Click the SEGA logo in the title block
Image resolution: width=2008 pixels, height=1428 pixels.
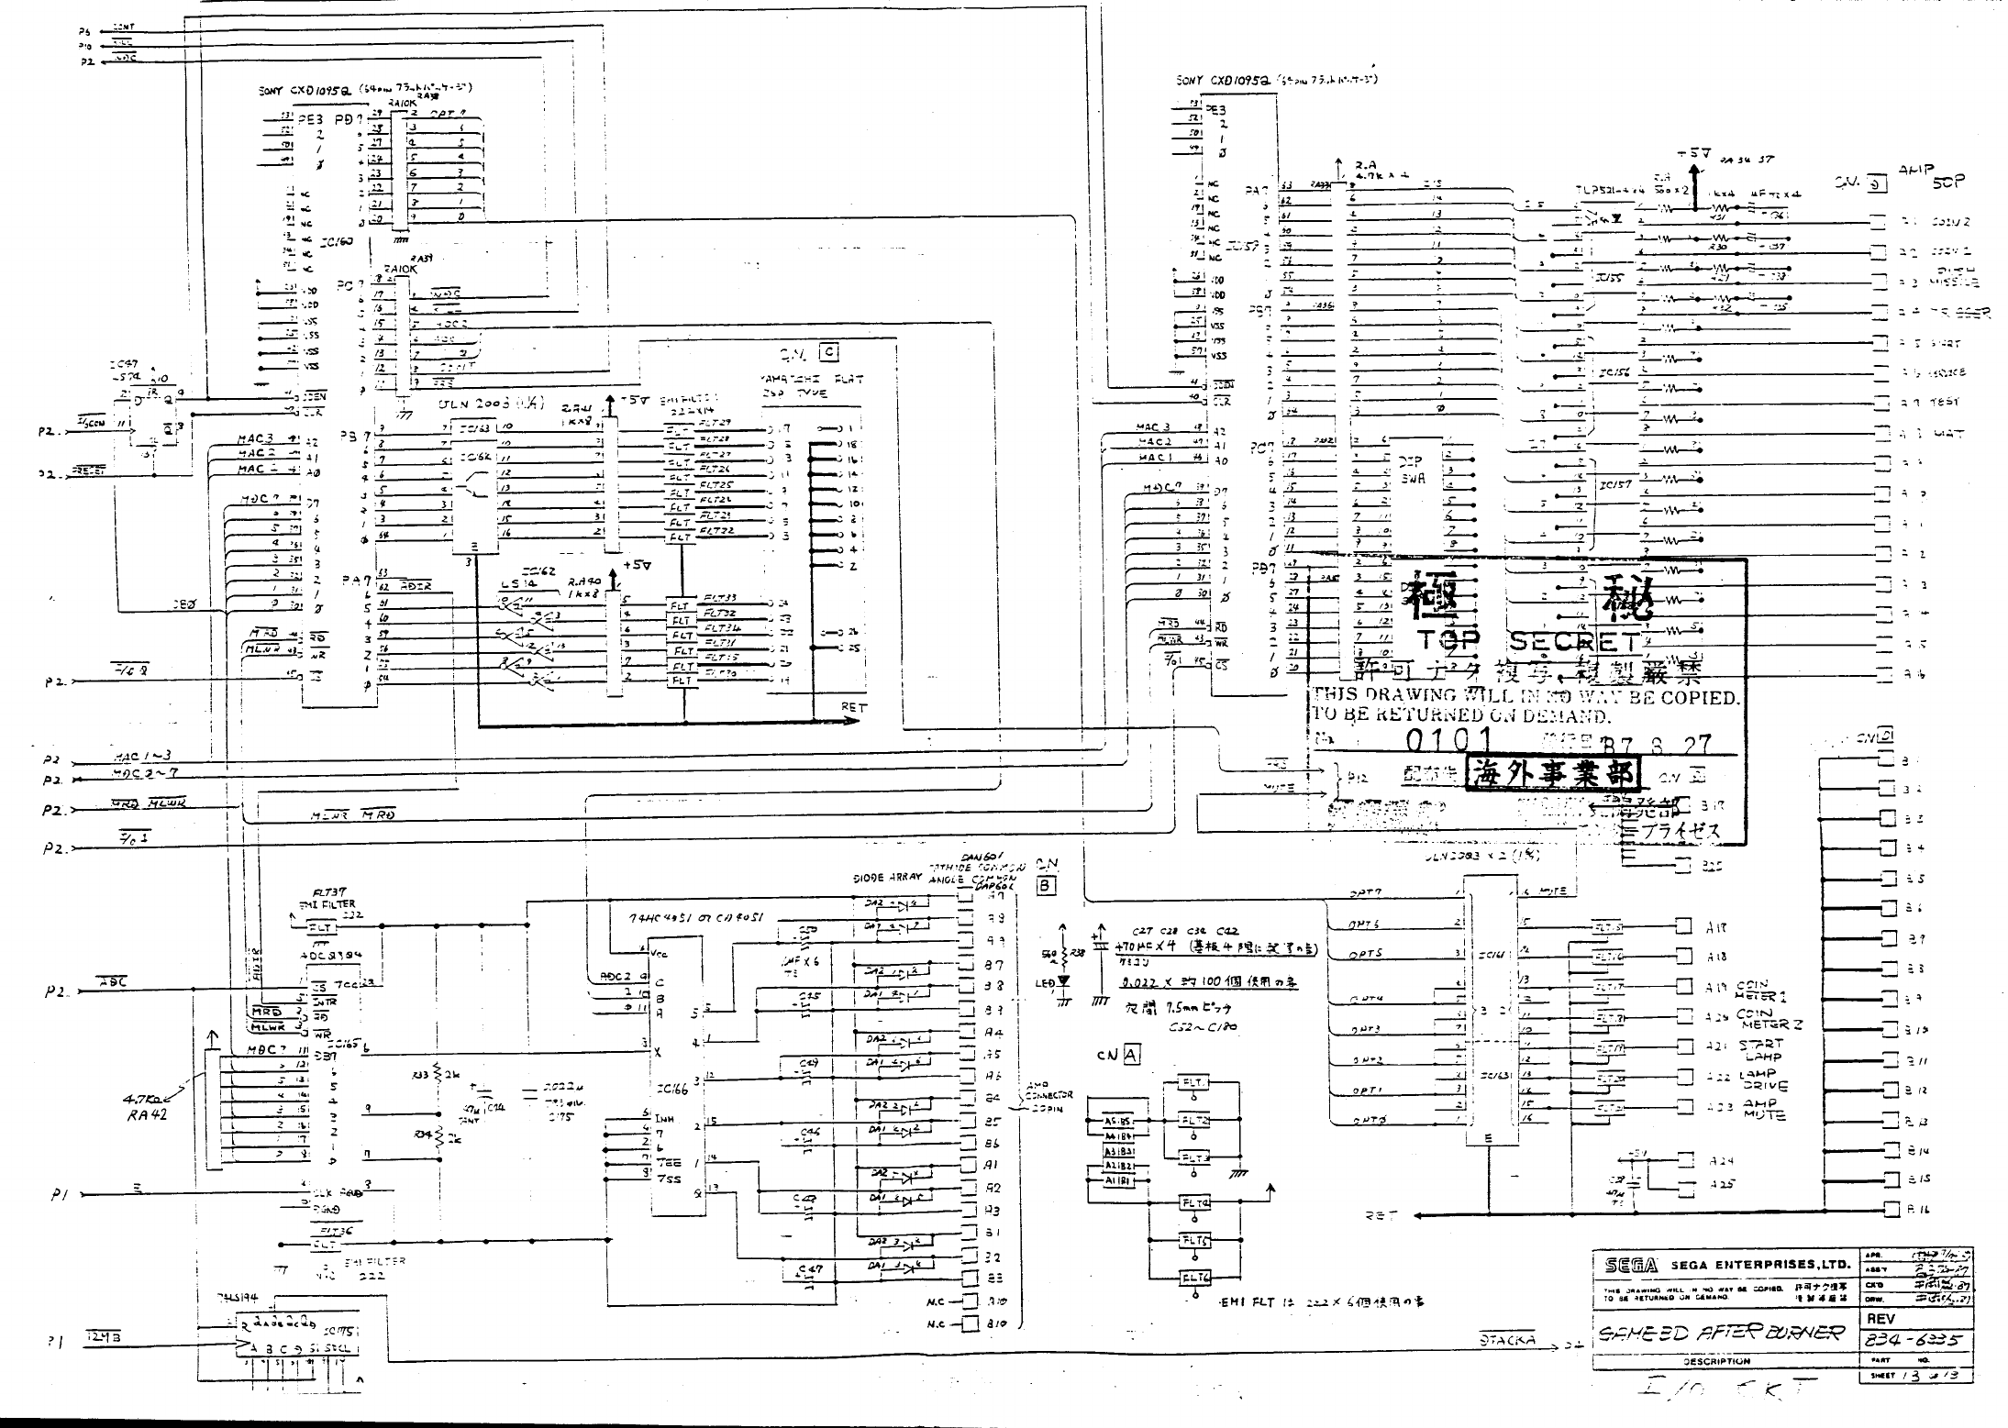(x=1631, y=1265)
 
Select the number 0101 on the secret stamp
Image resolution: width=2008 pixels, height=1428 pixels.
(x=1447, y=740)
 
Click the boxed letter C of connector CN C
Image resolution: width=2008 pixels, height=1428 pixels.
(x=828, y=352)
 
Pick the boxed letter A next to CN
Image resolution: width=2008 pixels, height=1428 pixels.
(x=1131, y=1055)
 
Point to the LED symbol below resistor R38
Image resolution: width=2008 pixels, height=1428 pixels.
(x=1063, y=980)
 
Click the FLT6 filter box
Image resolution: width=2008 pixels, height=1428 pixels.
(x=1194, y=1278)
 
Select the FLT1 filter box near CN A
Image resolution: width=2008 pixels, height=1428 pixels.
(x=1194, y=1083)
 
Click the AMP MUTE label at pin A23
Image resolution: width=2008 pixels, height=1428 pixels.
(x=1760, y=1109)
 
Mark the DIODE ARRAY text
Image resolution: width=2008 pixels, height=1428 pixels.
(x=886, y=878)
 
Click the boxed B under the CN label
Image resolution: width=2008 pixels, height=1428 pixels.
(x=1047, y=886)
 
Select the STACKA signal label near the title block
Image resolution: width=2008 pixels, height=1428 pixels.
(x=1507, y=1340)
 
